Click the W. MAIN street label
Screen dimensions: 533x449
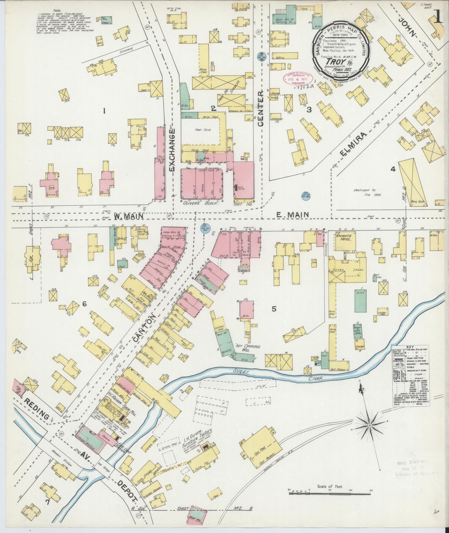[x=128, y=216]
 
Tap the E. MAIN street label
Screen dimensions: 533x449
[x=293, y=214]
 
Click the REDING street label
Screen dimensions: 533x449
[x=37, y=409]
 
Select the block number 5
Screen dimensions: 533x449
[x=274, y=309]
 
